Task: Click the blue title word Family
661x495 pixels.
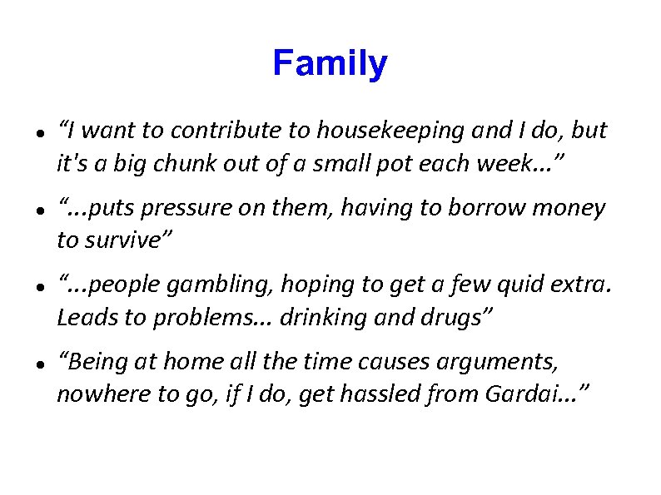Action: coord(330,63)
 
